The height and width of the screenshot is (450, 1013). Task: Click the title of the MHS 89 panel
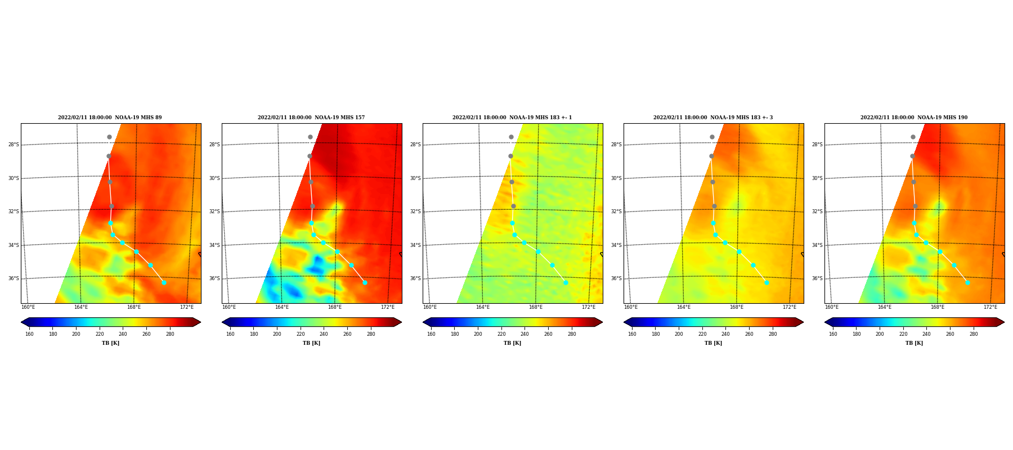[110, 118]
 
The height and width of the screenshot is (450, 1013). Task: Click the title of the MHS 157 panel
[311, 118]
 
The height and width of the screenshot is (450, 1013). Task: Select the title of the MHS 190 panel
[914, 118]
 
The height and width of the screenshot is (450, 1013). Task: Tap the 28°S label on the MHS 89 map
[14, 145]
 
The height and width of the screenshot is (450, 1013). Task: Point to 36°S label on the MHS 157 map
[214, 278]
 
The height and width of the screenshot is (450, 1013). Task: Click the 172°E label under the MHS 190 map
[990, 307]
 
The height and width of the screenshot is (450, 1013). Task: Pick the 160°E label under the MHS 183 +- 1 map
[430, 307]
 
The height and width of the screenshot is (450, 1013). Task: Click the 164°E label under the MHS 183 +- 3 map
[684, 307]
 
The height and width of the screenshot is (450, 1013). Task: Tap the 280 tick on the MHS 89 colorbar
[170, 334]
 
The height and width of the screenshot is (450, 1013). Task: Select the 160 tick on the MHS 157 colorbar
[230, 334]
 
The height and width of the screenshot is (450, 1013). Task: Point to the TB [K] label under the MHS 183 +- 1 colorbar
[512, 343]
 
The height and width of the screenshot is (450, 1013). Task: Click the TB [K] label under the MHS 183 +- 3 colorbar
[713, 343]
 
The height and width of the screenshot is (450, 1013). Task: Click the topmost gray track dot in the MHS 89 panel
[109, 137]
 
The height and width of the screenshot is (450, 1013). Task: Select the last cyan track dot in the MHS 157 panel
[365, 282]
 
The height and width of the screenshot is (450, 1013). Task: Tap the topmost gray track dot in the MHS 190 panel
[913, 137]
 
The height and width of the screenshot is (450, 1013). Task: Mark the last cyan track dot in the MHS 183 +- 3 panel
[767, 282]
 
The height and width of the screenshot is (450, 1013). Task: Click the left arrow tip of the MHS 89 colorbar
[21, 322]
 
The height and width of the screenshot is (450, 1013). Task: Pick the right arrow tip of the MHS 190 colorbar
[1004, 322]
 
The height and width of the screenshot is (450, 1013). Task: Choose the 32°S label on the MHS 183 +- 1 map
[415, 212]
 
